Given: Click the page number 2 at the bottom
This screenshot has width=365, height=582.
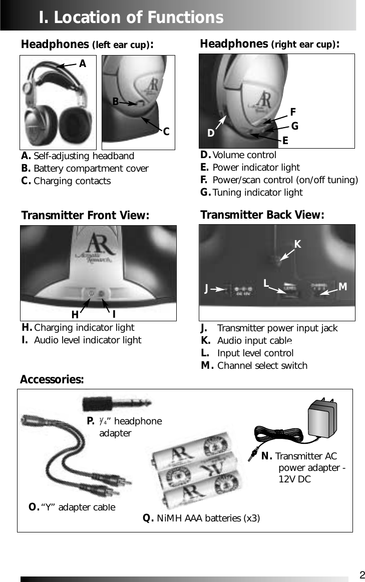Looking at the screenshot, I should (x=362, y=574).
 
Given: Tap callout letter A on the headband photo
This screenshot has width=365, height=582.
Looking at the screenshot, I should (x=83, y=64).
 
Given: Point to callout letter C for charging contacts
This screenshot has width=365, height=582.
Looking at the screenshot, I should (x=166, y=132).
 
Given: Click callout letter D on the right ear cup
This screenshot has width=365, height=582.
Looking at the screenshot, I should (x=211, y=134).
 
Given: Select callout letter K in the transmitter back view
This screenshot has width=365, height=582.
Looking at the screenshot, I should (x=297, y=244).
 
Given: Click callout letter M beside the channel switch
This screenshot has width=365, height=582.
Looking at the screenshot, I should (x=343, y=287).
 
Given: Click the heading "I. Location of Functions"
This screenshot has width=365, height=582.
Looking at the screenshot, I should (x=131, y=18).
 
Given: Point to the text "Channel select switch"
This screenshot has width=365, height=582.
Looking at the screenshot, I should (x=262, y=366).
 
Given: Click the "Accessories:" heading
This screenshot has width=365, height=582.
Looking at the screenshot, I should (x=52, y=380).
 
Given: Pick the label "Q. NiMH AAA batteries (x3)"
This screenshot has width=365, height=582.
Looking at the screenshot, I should (x=201, y=518).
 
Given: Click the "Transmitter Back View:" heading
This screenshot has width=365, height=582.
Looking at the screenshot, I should (x=262, y=215).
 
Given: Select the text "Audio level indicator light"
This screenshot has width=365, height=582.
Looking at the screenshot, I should (x=88, y=340).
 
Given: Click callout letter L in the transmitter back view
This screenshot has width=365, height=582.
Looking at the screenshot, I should (x=267, y=283).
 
